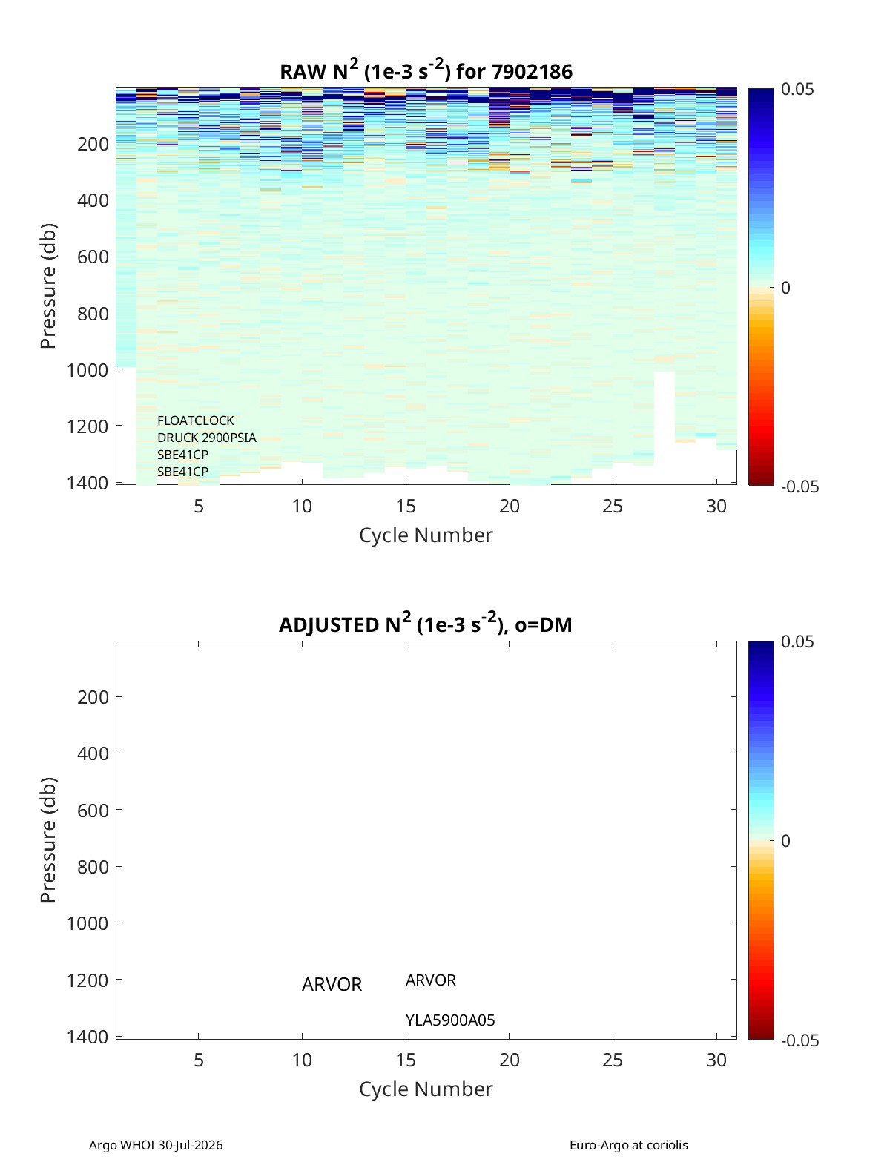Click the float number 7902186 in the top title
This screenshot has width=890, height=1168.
pyautogui.click(x=532, y=72)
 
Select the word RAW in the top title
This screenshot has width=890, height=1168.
pyautogui.click(x=303, y=72)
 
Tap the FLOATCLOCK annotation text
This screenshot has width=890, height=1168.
pyautogui.click(x=195, y=420)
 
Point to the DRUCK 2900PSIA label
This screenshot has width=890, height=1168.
pyautogui.click(x=206, y=438)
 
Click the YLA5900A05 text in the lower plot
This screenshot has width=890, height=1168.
pyautogui.click(x=450, y=1020)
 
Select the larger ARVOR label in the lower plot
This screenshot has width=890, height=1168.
pyautogui.click(x=332, y=984)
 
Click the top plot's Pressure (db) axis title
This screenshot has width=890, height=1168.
pyautogui.click(x=48, y=286)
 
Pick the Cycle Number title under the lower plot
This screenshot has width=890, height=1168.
pyautogui.click(x=426, y=1089)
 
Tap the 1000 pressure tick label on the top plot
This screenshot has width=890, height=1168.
pyautogui.click(x=88, y=370)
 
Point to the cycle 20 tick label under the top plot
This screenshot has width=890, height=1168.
pyautogui.click(x=509, y=506)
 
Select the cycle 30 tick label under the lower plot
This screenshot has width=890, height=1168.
pyautogui.click(x=716, y=1060)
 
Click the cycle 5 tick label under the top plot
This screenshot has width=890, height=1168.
pyautogui.click(x=199, y=506)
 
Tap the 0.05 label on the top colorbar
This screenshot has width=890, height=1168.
pyautogui.click(x=797, y=89)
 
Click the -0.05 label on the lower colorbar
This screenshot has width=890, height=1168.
pyautogui.click(x=800, y=1040)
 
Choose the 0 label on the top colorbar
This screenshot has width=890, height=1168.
pyautogui.click(x=785, y=288)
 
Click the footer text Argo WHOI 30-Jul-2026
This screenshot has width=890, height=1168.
pyautogui.click(x=156, y=1145)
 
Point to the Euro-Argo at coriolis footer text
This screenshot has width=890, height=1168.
pyautogui.click(x=629, y=1145)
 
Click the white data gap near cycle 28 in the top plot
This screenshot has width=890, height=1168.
pyautogui.click(x=665, y=426)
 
